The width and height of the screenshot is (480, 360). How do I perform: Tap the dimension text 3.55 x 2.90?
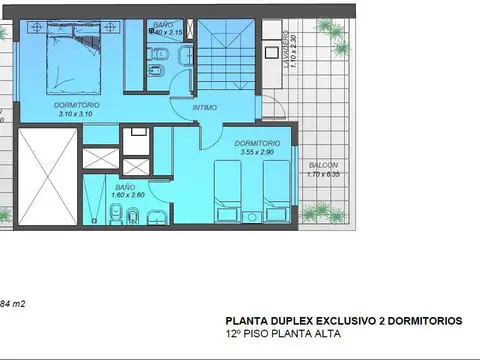(x=257, y=152)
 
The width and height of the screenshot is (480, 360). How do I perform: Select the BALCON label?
(x=323, y=165)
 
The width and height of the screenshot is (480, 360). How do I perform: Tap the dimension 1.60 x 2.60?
(x=125, y=196)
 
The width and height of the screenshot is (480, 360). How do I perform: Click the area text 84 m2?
(x=12, y=302)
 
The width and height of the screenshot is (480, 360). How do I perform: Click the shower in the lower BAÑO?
(x=97, y=200)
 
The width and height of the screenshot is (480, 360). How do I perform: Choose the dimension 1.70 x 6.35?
(x=323, y=175)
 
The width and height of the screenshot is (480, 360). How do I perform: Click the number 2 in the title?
(x=389, y=321)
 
